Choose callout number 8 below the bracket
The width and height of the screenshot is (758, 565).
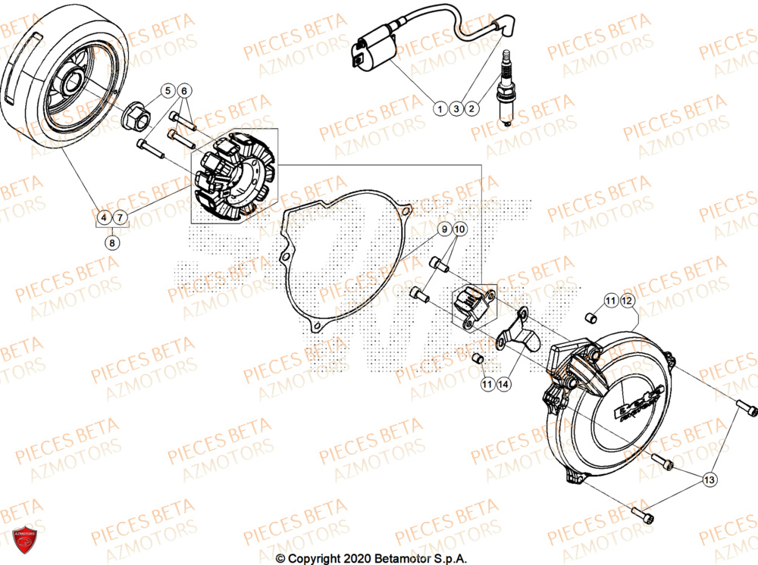tap(112, 243)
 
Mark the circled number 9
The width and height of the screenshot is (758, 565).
tap(446, 228)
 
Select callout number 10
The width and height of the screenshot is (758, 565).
tap(461, 228)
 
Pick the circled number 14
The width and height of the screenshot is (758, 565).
tap(503, 385)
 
